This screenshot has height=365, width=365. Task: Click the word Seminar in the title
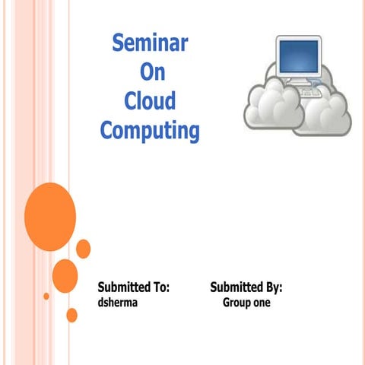pos(150,43)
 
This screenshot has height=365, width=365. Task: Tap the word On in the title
pos(149,72)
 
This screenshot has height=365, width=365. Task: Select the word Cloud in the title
pos(149,101)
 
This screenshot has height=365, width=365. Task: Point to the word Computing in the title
pos(150,131)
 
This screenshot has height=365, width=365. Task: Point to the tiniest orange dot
pos(46,296)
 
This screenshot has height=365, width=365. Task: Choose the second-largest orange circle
pos(65,275)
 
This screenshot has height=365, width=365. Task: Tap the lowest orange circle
pos(72,315)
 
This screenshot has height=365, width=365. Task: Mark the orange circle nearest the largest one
pos(83,248)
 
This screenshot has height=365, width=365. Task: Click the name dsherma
pos(119,303)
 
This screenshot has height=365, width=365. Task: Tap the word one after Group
pos(262,303)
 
